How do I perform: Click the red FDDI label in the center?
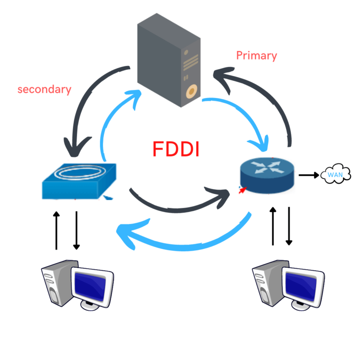click(176, 149)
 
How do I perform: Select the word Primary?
click(256, 56)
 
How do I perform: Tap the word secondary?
click(44, 89)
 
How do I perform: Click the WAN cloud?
click(336, 174)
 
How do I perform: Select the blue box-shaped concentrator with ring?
click(78, 180)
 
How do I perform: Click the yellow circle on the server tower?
click(191, 91)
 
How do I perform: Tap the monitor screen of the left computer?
click(92, 284)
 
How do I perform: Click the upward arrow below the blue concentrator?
click(56, 230)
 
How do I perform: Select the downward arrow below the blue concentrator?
click(76, 230)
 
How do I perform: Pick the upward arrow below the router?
click(272, 225)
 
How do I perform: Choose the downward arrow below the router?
click(289, 225)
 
